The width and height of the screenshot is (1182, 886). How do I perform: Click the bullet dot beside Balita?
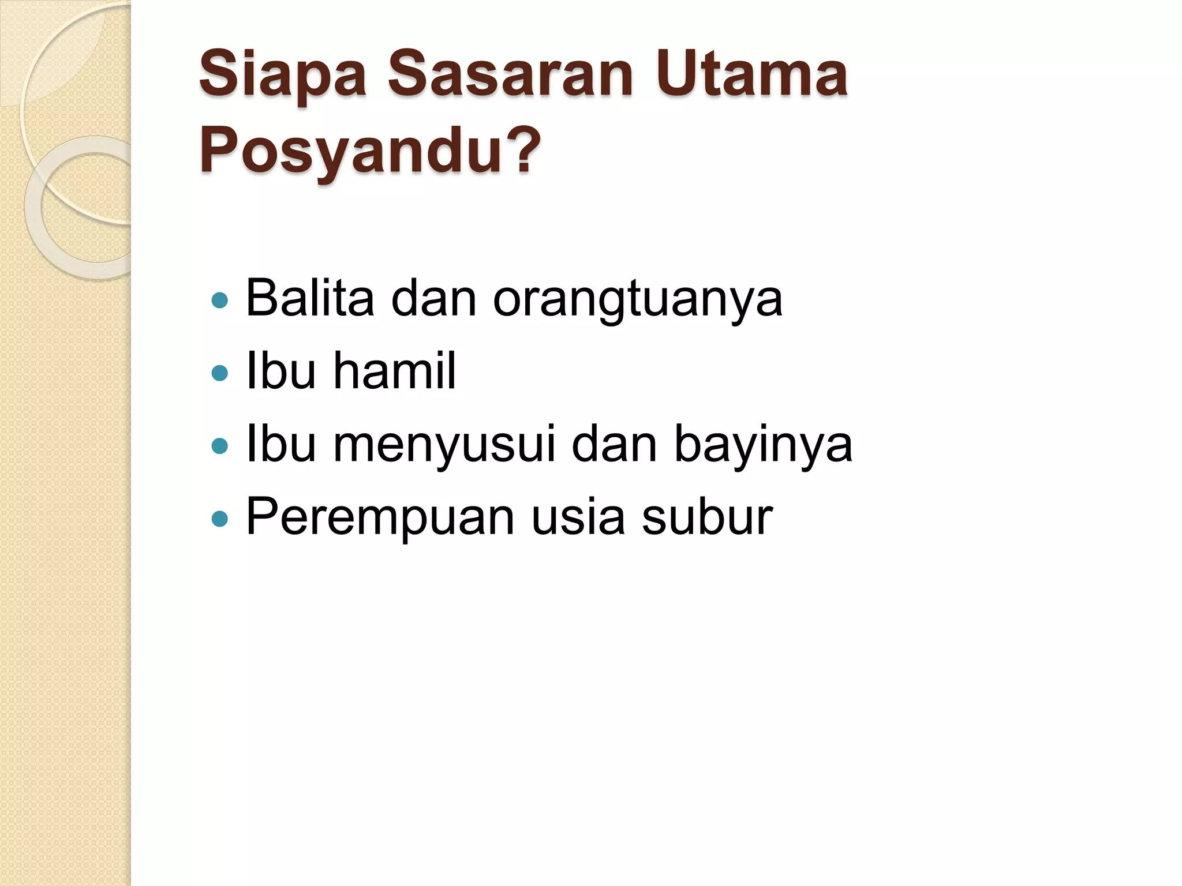(220, 300)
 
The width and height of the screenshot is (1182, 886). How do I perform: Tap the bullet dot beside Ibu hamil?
(220, 373)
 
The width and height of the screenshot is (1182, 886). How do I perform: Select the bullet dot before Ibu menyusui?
(220, 446)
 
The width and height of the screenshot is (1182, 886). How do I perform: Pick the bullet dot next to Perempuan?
(220, 519)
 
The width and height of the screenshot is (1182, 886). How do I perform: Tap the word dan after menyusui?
(614, 444)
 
